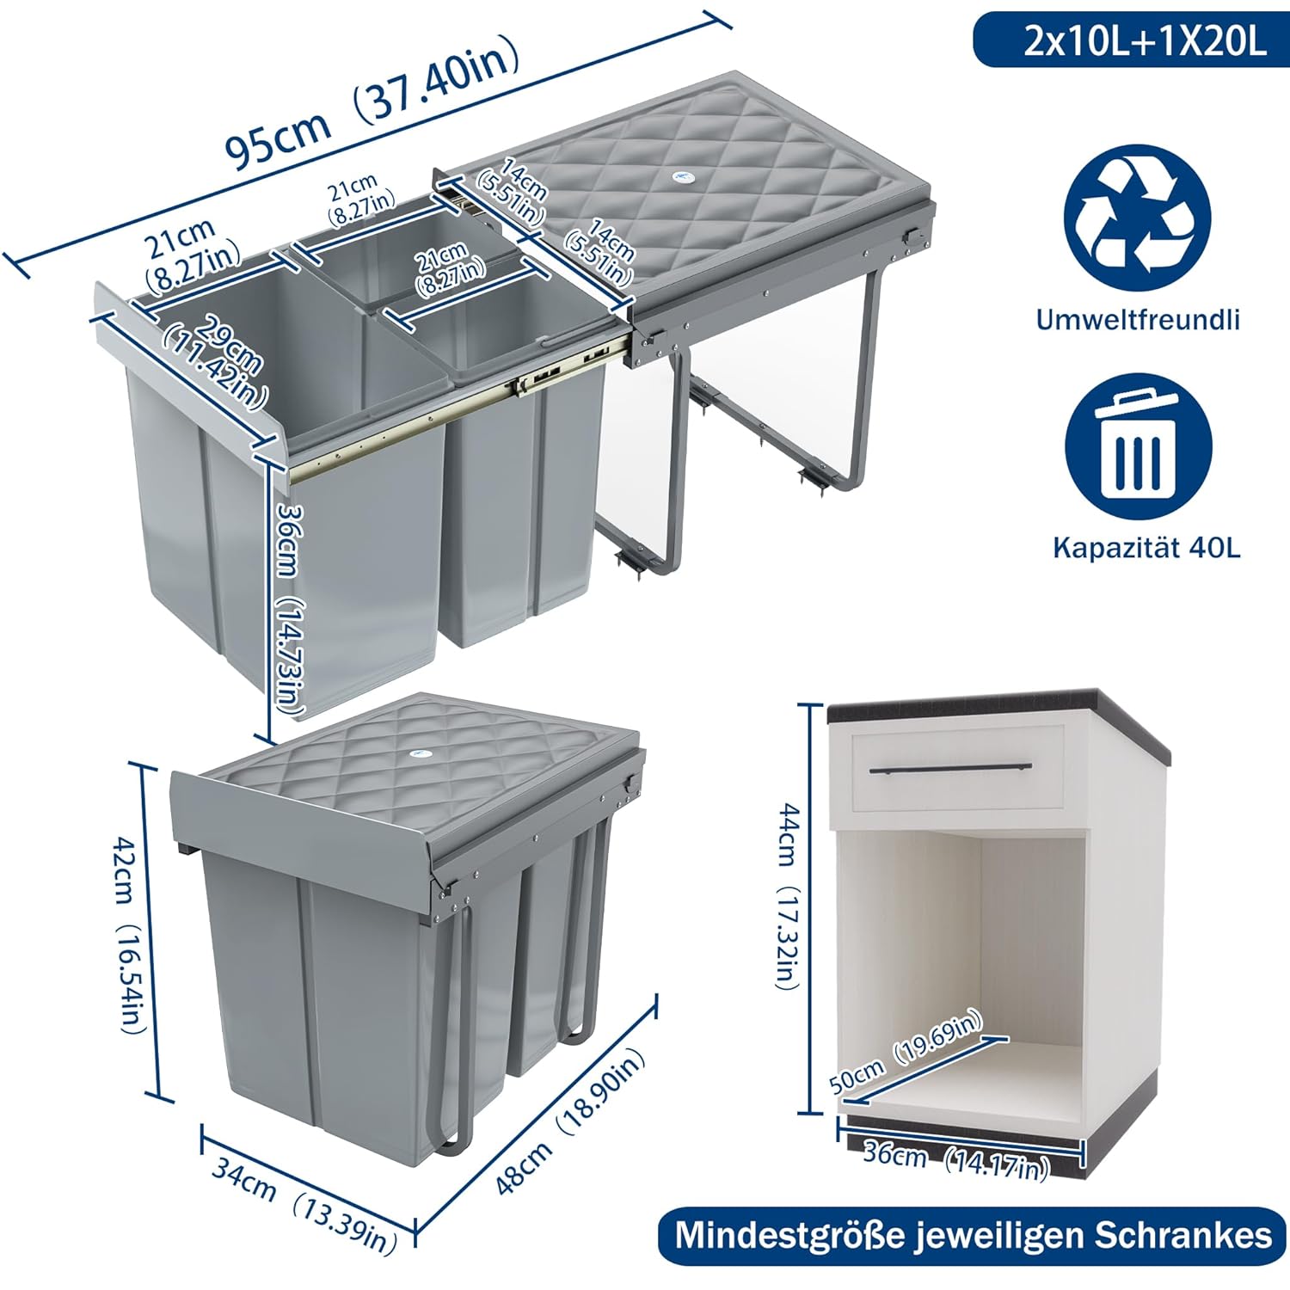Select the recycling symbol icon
tap(1137, 217)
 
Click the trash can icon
tap(1138, 447)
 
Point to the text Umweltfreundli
tap(1138, 320)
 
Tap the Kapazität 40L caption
tap(1147, 548)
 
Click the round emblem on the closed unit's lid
tap(419, 752)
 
